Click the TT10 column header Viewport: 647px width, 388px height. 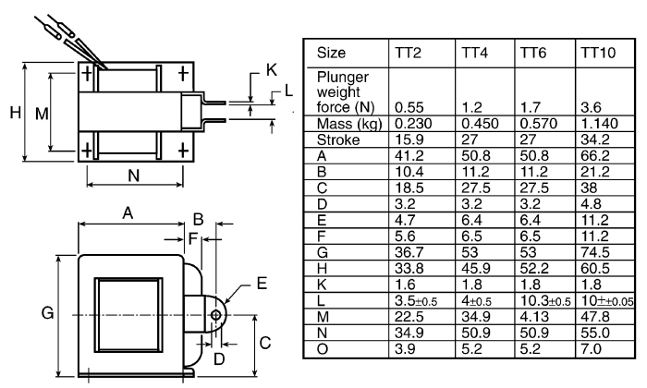tap(598, 53)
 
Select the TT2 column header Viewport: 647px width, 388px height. tap(408, 53)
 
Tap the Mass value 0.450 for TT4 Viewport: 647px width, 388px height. tap(480, 123)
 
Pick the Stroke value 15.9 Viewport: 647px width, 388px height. tap(409, 139)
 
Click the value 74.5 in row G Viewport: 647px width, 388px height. tap(595, 252)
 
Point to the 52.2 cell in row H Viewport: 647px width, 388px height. tap(534, 268)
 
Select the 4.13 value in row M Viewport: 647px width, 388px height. tap(534, 316)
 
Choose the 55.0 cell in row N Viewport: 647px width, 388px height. tap(595, 333)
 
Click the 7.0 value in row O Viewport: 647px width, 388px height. tap(591, 348)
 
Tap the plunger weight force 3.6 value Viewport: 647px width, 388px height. tap(591, 107)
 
